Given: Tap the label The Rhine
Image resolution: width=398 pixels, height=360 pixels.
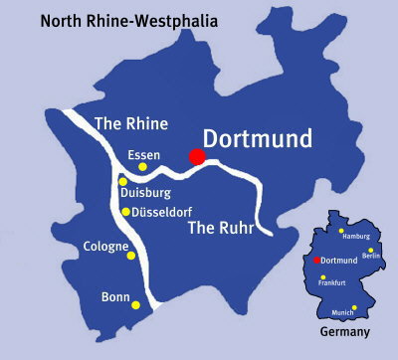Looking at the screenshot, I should tap(129, 124).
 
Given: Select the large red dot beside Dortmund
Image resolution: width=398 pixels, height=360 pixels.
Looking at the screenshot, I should tap(197, 156).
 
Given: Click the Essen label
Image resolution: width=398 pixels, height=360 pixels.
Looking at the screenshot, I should tap(144, 154).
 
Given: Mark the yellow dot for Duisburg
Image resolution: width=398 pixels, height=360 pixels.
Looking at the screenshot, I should tap(122, 182).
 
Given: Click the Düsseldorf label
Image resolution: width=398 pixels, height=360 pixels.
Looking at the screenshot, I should tap(163, 211).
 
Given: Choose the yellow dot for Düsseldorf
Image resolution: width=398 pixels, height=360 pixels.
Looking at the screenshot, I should tap(125, 211).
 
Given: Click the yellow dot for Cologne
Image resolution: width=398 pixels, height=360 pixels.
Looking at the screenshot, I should tap(131, 256).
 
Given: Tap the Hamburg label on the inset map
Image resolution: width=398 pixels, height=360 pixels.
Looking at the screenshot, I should tap(355, 236).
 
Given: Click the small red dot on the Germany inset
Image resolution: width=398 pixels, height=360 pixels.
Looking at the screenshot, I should tap(317, 260).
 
